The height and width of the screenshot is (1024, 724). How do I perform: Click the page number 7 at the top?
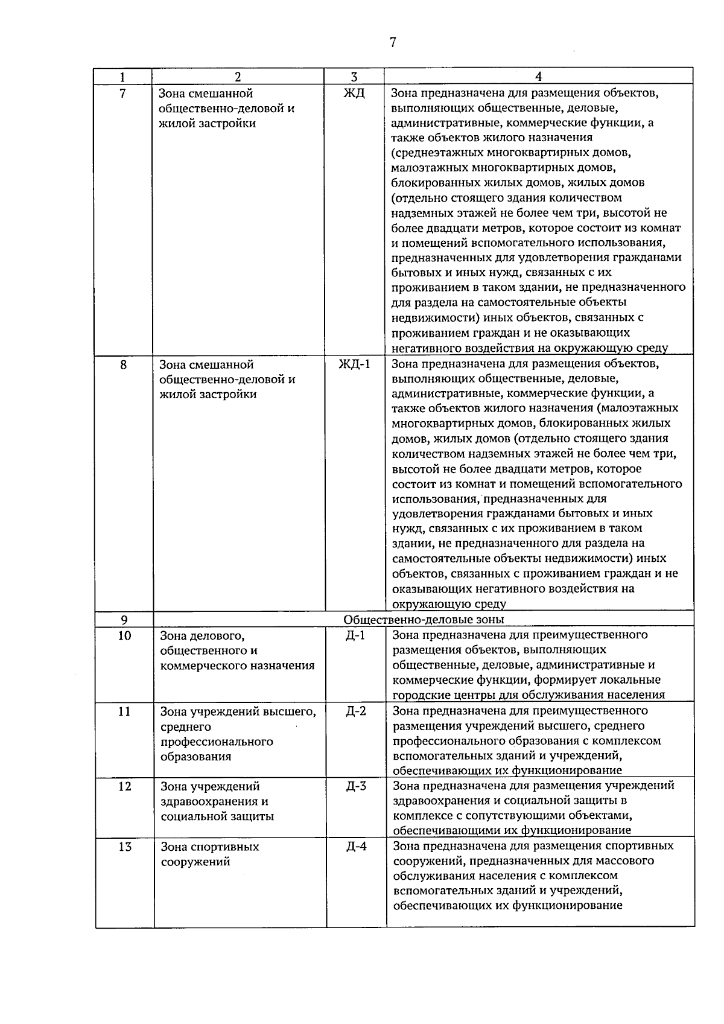point(393,42)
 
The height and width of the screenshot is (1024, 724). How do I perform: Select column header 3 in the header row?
point(354,77)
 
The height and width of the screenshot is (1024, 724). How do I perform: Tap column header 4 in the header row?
point(538,77)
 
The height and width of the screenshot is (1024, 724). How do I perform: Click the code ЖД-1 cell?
point(355,364)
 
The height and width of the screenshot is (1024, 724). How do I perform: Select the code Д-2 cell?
point(356,711)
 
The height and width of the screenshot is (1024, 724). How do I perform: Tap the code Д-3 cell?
point(356,786)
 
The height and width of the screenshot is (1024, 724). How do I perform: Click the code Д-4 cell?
point(356,847)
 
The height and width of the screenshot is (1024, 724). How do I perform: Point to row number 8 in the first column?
point(124,364)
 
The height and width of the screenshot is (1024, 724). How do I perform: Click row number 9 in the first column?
point(124,620)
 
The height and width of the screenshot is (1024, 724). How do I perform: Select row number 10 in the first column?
point(124,635)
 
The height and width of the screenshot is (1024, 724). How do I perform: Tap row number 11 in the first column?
point(124,711)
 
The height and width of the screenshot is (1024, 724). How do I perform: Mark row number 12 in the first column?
point(124,787)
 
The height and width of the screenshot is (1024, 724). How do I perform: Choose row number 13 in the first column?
point(124,847)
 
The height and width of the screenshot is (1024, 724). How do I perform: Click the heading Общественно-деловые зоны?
point(424,620)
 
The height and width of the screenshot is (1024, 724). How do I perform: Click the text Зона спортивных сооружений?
point(209,854)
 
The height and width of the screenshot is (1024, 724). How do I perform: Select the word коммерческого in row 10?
point(198,666)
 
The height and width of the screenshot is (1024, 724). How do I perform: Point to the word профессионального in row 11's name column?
point(217,742)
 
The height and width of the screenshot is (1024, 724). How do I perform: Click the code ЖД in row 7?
point(354,94)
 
